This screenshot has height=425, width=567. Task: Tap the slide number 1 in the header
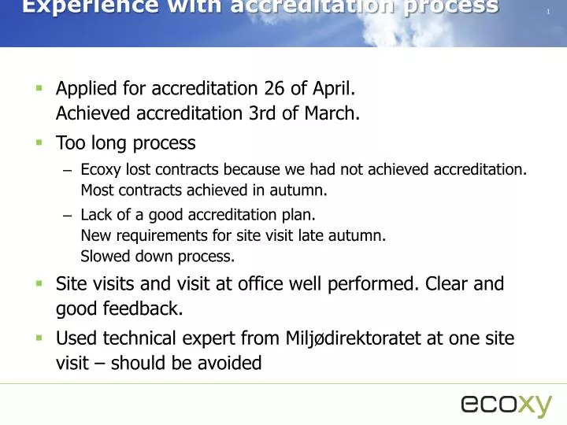pos(546,12)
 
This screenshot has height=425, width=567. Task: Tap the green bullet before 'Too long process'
pos(38,142)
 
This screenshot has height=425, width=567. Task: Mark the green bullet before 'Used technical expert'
pos(38,338)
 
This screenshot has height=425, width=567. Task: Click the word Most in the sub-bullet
pos(95,190)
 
